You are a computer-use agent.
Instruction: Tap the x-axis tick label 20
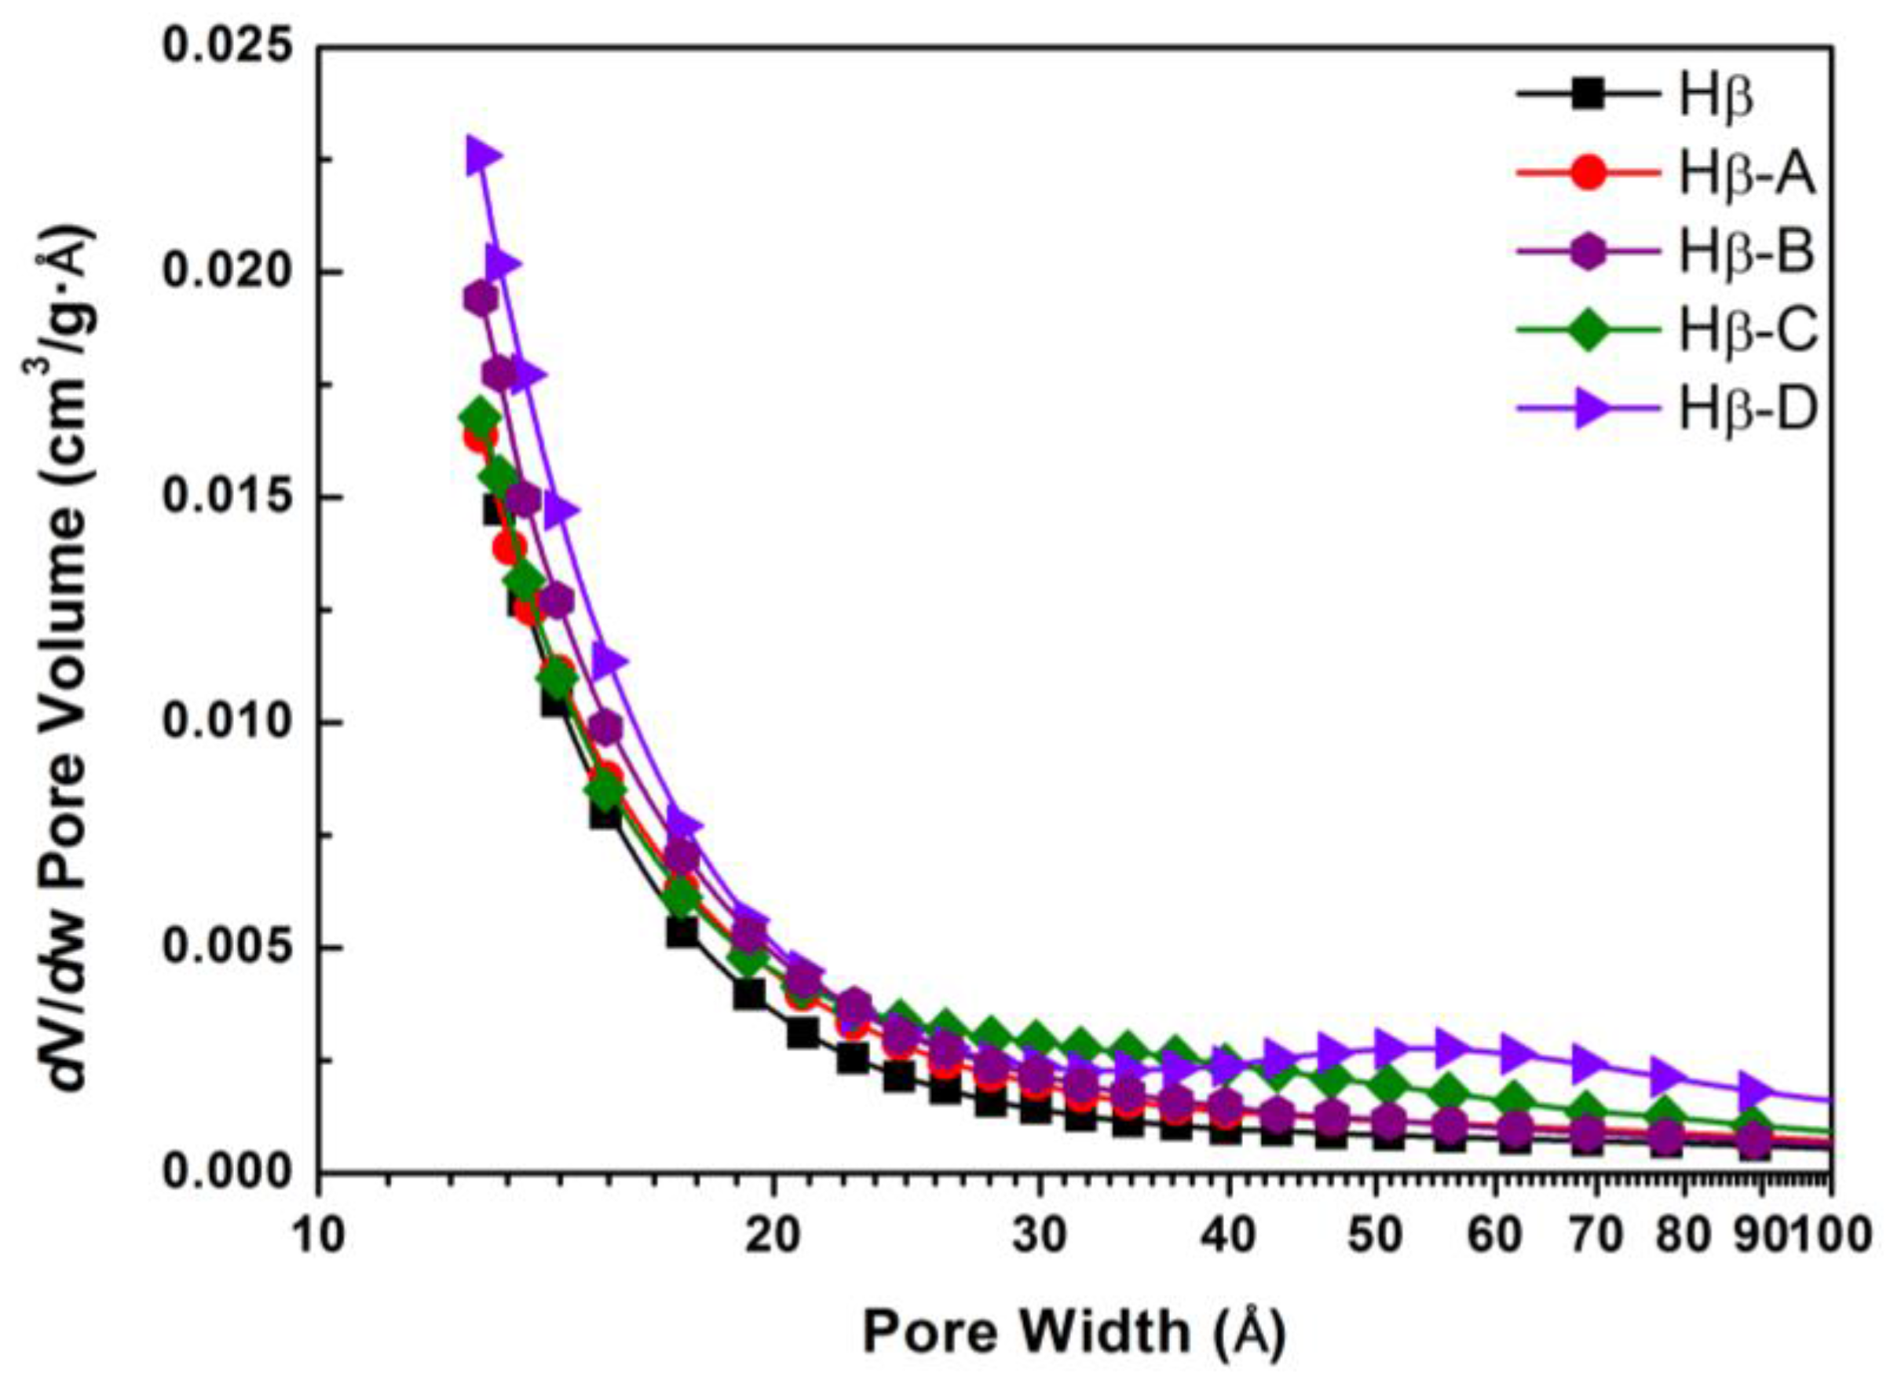[772, 1236]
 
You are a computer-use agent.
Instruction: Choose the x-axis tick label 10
[318, 1236]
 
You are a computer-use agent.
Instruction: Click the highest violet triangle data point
[482, 156]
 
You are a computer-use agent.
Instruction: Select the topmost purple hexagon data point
[481, 298]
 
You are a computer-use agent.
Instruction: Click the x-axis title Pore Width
[1073, 1331]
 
